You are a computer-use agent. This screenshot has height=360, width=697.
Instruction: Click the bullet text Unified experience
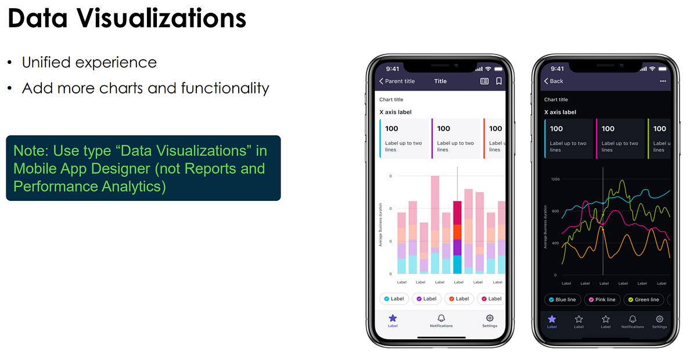pyautogui.click(x=89, y=62)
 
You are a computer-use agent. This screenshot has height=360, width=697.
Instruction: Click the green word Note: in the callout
pyautogui.click(x=31, y=150)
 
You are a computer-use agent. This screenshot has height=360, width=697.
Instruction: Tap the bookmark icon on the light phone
pyautogui.click(x=499, y=81)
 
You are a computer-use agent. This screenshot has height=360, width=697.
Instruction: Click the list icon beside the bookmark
pyautogui.click(x=484, y=81)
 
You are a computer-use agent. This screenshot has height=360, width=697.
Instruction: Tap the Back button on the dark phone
pyautogui.click(x=554, y=81)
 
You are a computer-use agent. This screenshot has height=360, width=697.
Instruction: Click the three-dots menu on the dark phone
pyautogui.click(x=663, y=81)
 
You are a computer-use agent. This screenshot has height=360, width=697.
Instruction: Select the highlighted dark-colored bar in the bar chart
pyautogui.click(x=457, y=237)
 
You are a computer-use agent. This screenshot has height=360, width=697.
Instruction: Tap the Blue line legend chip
pyautogui.click(x=562, y=300)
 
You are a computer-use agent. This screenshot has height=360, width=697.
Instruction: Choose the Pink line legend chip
pyautogui.click(x=602, y=300)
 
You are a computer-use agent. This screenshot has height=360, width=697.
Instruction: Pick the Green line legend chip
pyautogui.click(x=642, y=300)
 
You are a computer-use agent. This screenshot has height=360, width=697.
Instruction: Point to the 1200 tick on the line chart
pyautogui.click(x=555, y=179)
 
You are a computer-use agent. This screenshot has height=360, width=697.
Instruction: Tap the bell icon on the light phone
pyautogui.click(x=441, y=318)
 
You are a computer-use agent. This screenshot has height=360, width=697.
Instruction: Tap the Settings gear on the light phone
pyautogui.click(x=490, y=318)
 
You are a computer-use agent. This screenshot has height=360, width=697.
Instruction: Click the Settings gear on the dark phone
pyautogui.click(x=659, y=319)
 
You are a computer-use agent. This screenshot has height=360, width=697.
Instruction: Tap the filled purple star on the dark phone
pyautogui.click(x=552, y=319)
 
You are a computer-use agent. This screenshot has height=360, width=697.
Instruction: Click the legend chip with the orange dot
pyautogui.click(x=459, y=298)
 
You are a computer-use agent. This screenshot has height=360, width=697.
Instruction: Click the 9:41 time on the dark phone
pyautogui.click(x=557, y=68)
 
